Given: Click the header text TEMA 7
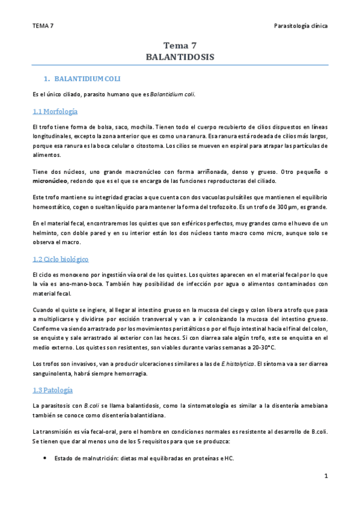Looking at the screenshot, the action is click(x=44, y=26).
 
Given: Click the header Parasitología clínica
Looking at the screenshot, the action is click(x=300, y=26).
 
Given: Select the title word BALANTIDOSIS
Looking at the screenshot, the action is click(x=180, y=57).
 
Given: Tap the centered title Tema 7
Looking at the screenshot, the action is click(x=180, y=45).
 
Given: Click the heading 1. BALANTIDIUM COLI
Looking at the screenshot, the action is click(x=87, y=79).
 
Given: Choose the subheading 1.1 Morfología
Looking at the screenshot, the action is click(x=55, y=111).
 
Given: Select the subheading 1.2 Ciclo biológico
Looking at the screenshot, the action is click(x=61, y=259).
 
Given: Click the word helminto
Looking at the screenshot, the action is click(x=47, y=233).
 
